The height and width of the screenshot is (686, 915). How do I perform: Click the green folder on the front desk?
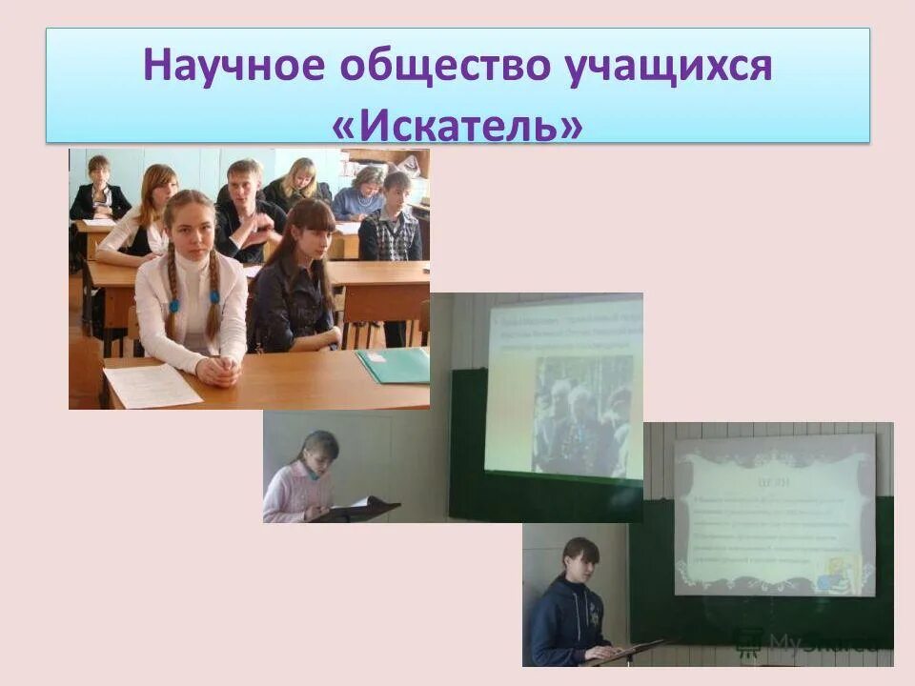(394, 365)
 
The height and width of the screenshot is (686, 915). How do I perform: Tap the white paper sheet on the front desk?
(152, 384)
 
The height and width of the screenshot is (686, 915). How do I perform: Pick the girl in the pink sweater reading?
(304, 481)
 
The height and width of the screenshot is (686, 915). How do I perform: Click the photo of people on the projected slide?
(582, 414)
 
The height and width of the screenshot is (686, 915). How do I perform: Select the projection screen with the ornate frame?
(774, 514)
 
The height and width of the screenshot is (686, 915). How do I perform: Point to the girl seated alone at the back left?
(99, 191)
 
